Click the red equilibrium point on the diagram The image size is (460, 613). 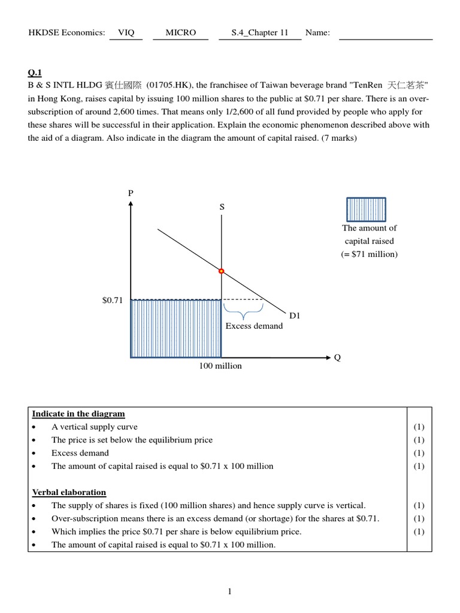(222, 271)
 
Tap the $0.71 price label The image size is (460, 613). (112, 301)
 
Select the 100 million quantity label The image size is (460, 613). (220, 366)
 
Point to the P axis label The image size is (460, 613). (131, 193)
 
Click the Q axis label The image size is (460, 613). (337, 357)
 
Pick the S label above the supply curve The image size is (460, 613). (222, 207)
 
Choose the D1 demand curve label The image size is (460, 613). (295, 315)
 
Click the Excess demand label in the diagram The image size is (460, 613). (254, 326)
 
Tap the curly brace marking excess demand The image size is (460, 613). (243, 311)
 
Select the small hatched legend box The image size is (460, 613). (366, 210)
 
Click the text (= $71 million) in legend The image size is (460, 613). (369, 254)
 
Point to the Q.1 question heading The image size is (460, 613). (35, 73)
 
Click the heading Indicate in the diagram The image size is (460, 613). (78, 414)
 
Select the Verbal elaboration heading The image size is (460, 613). (69, 492)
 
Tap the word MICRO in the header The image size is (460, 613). (181, 32)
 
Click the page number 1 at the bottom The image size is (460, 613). (229, 592)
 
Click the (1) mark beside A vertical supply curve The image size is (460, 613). (419, 427)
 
